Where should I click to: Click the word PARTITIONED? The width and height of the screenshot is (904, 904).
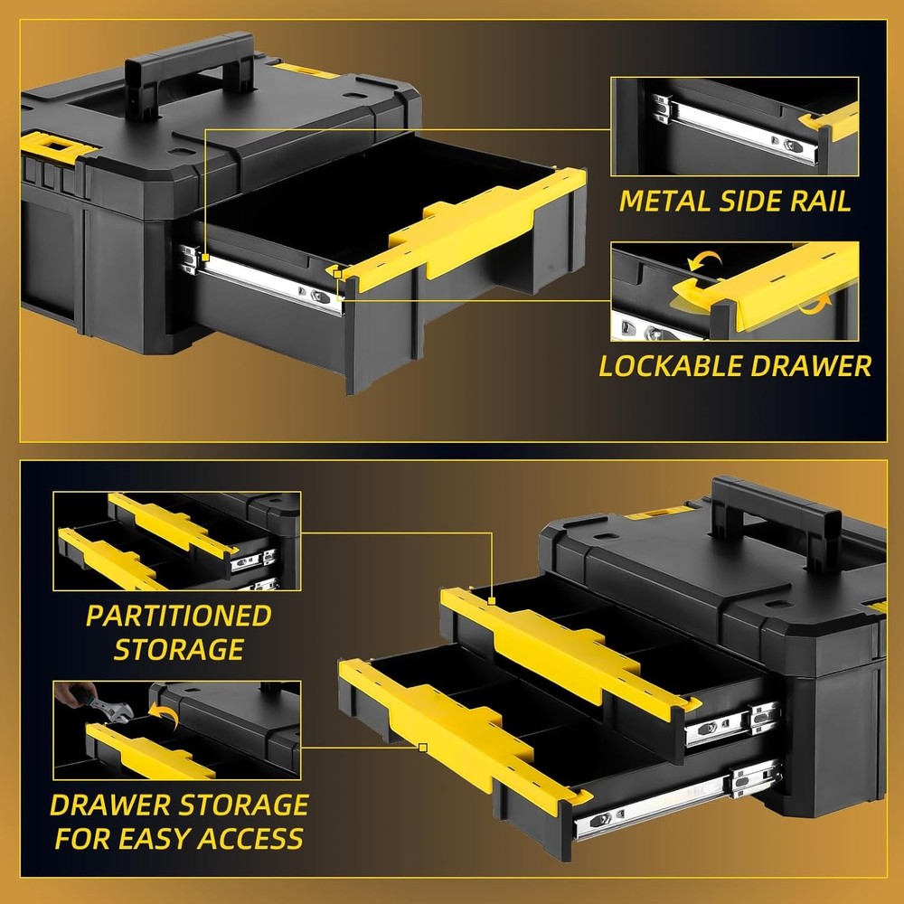pyautogui.click(x=178, y=616)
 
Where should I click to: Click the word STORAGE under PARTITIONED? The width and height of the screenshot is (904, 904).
pyautogui.click(x=178, y=649)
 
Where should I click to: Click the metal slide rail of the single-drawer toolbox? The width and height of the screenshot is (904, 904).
pyautogui.click(x=271, y=280)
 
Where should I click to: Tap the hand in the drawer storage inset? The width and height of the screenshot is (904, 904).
pyautogui.click(x=68, y=696)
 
